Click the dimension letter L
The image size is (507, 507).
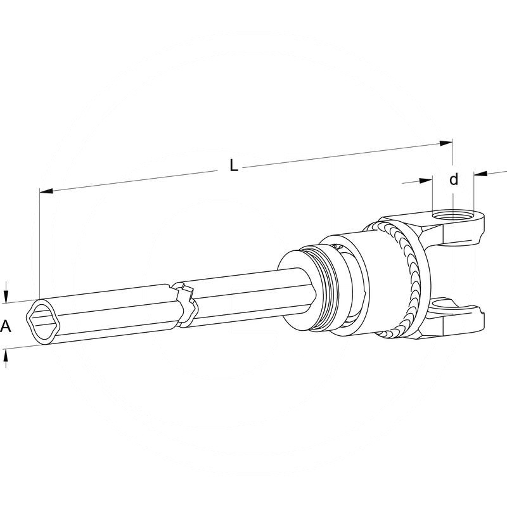pyautogui.click(x=234, y=167)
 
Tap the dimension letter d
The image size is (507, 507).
pyautogui.click(x=454, y=179)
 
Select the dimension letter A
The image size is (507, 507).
pyautogui.click(x=6, y=326)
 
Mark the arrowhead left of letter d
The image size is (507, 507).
pyautogui.click(x=426, y=181)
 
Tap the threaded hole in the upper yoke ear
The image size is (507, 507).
pyautogui.click(x=453, y=215)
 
